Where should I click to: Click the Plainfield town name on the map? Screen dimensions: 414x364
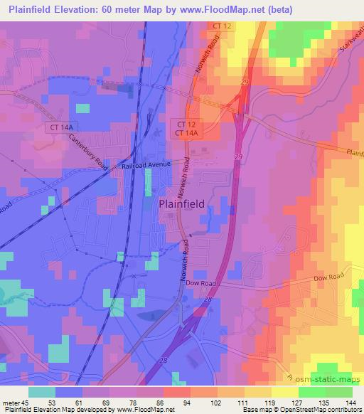click(x=181, y=203)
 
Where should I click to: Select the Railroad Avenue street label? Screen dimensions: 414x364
click(x=146, y=164)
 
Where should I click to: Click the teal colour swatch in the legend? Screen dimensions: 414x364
click(x=42, y=391)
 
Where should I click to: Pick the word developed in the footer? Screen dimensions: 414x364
click(x=92, y=410)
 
